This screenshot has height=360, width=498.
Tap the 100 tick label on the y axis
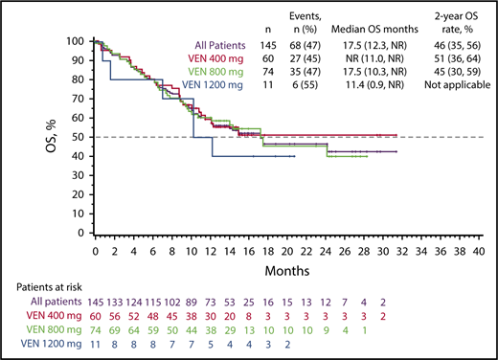pos(77,42)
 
